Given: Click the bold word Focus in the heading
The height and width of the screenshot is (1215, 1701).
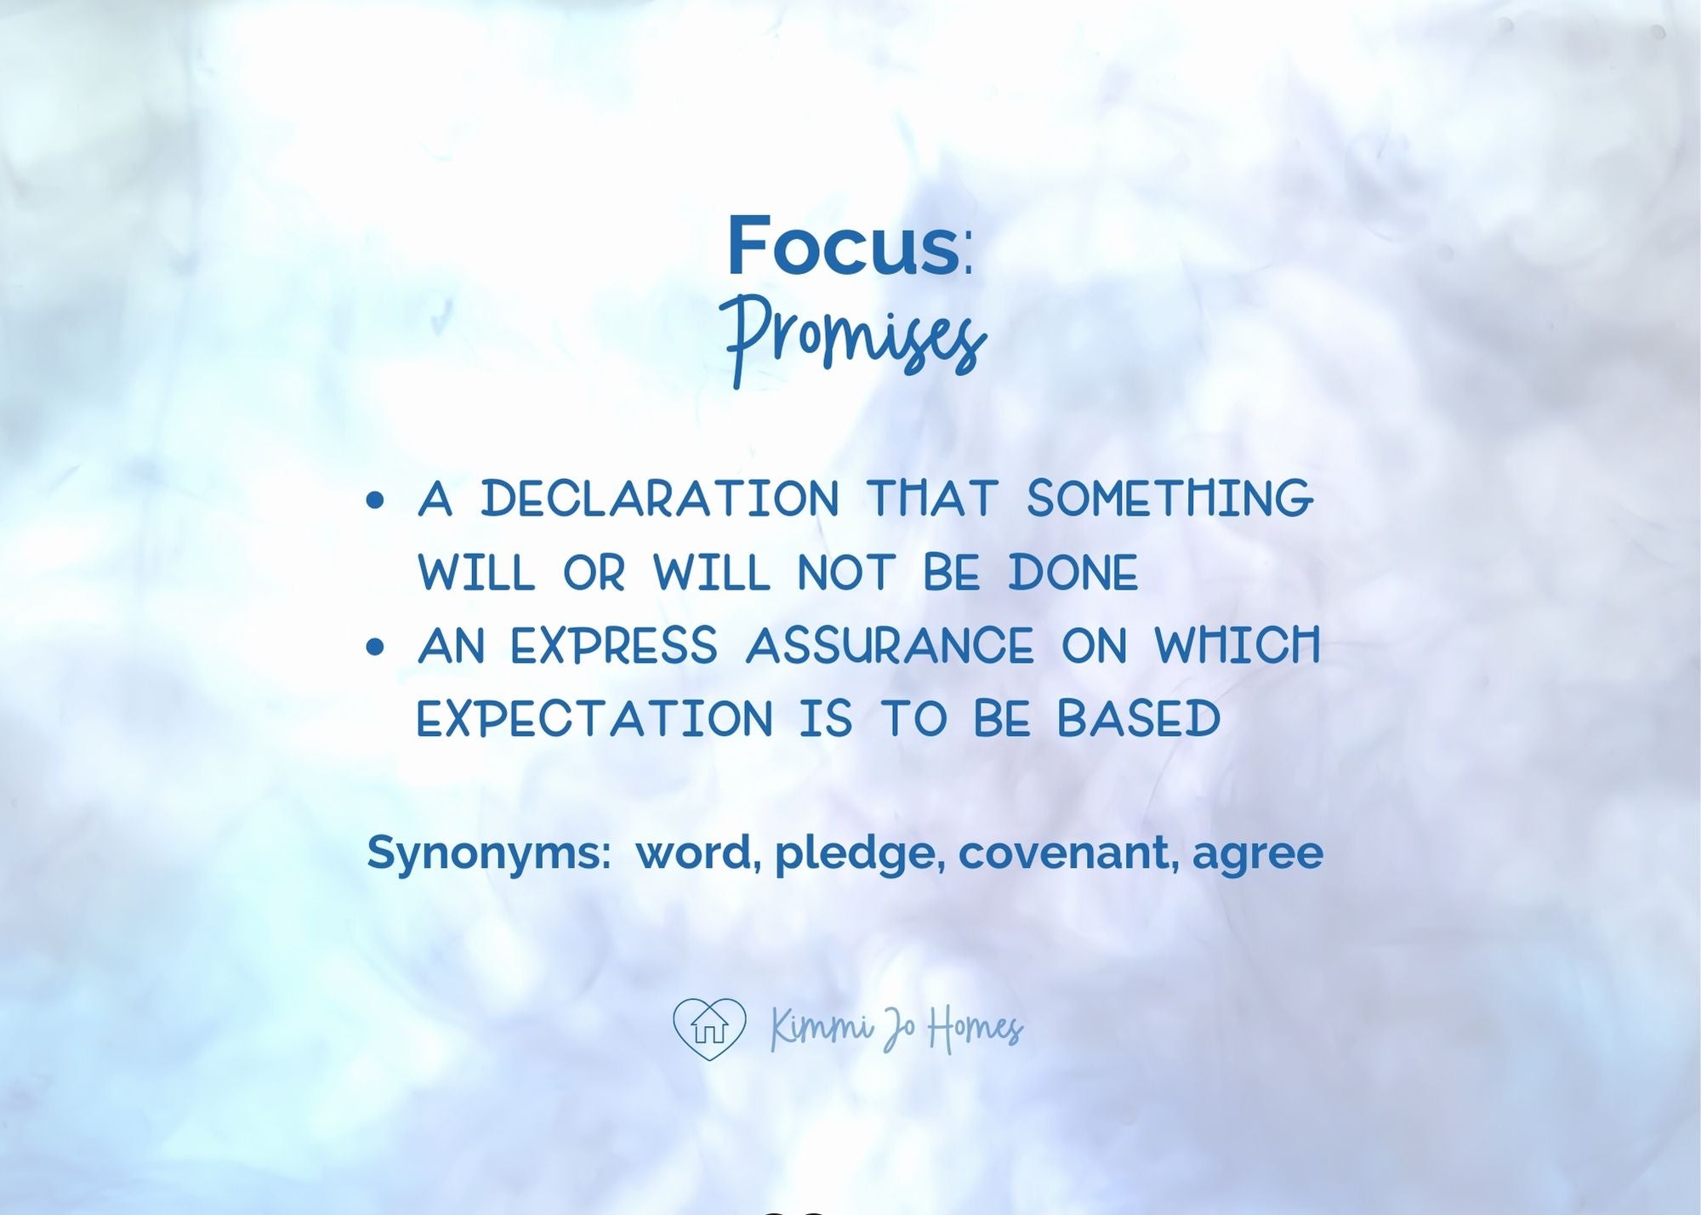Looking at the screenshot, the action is (x=843, y=246).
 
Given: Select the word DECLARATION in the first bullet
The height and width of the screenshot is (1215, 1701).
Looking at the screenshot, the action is (x=660, y=498).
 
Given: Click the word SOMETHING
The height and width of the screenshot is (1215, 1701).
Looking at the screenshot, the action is (x=1170, y=498).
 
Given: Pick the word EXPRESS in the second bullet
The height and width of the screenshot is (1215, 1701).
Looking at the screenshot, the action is (x=614, y=646).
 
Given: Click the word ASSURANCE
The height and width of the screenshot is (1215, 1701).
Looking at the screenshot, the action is (x=890, y=646).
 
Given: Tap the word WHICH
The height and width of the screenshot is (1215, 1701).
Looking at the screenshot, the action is (x=1237, y=646).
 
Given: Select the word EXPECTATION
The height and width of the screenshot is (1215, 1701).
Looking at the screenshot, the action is (x=594, y=719).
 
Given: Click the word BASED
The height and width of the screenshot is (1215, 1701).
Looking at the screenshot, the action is (x=1139, y=719).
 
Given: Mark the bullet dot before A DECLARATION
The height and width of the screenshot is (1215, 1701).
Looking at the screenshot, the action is (x=375, y=500).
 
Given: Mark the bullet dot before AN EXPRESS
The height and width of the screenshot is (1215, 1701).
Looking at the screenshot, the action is (x=375, y=647).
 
